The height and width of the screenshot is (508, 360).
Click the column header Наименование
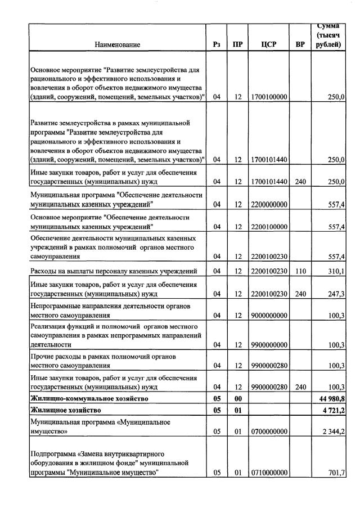click(117, 44)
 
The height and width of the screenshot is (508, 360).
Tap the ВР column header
click(300, 44)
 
